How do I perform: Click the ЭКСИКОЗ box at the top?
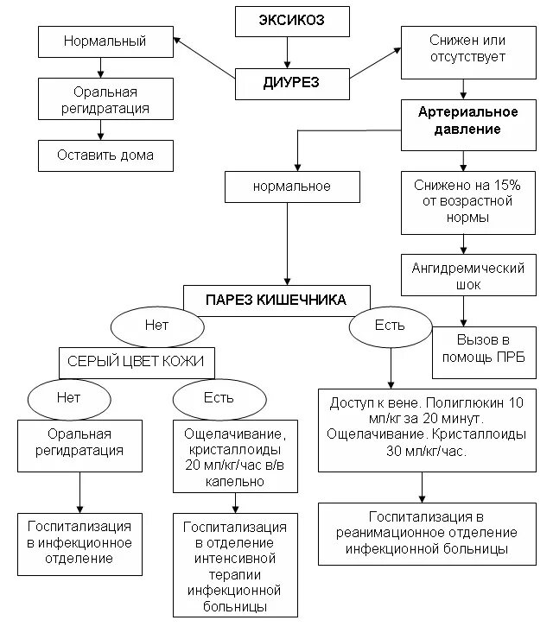pos(293,21)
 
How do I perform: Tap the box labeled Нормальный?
pos(105,41)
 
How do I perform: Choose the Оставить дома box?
pos(105,156)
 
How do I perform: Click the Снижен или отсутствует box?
pos(467,49)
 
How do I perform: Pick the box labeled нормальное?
pos(291,186)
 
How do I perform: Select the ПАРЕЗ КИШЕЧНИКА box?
pos(276,300)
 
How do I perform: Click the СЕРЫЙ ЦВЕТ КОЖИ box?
pos(136,361)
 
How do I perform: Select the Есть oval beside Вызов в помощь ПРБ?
pos(389,326)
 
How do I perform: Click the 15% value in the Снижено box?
pos(499,185)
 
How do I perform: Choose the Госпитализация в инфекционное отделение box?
pos(79,542)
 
